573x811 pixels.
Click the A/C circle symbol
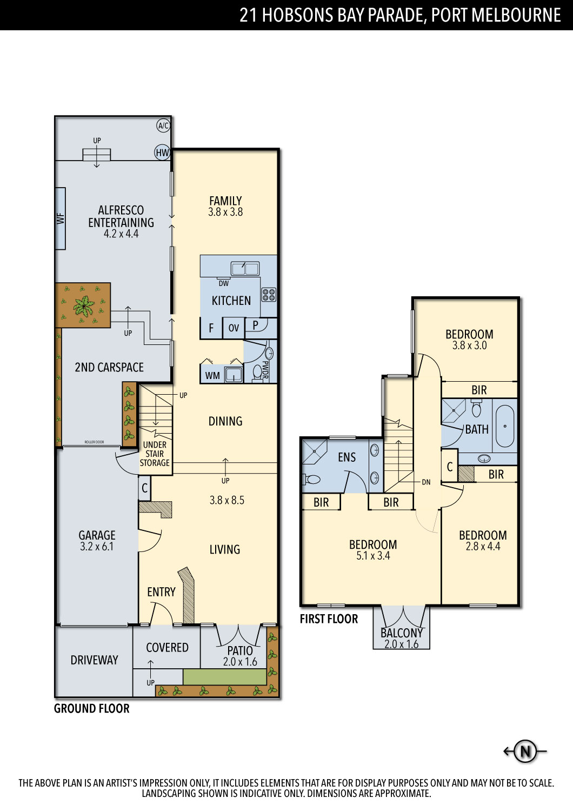coord(163,125)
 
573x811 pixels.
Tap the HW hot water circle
coord(162,152)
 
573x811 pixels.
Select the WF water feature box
coord(61,218)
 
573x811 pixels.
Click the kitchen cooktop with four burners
coord(269,294)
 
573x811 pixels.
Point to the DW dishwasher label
coord(224,283)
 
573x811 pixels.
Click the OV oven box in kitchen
coord(234,328)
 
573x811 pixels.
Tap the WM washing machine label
coord(212,376)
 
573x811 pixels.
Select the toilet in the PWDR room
coord(257,372)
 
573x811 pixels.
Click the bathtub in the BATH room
coord(504,426)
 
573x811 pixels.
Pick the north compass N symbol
coord(525,752)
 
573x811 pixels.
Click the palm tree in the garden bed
coord(84,305)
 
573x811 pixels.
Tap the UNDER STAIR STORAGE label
coord(155,454)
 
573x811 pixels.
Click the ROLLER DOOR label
coord(94,442)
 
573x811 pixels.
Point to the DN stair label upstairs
coord(426,482)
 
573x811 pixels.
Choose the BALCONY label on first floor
coord(402,633)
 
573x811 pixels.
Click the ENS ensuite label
coord(347,457)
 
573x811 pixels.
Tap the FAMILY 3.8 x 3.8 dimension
coord(225,212)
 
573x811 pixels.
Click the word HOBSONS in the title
coord(297,15)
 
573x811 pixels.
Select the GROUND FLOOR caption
coord(91,708)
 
